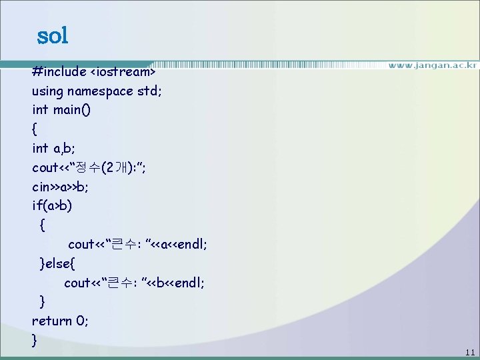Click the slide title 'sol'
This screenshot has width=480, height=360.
point(53,35)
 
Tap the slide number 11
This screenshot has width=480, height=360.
point(470,352)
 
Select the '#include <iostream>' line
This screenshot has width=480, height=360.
point(93,71)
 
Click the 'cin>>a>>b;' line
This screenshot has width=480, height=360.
point(60,187)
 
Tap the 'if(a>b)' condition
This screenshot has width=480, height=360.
point(52,205)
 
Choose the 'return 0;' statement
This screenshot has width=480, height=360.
point(60,321)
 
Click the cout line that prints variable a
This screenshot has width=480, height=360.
point(137,245)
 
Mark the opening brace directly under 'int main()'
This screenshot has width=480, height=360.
point(35,129)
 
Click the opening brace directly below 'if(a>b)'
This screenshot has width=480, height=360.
point(43,225)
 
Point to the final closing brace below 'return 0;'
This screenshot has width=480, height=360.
point(35,340)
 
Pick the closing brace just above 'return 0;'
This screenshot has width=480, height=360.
point(43,302)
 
